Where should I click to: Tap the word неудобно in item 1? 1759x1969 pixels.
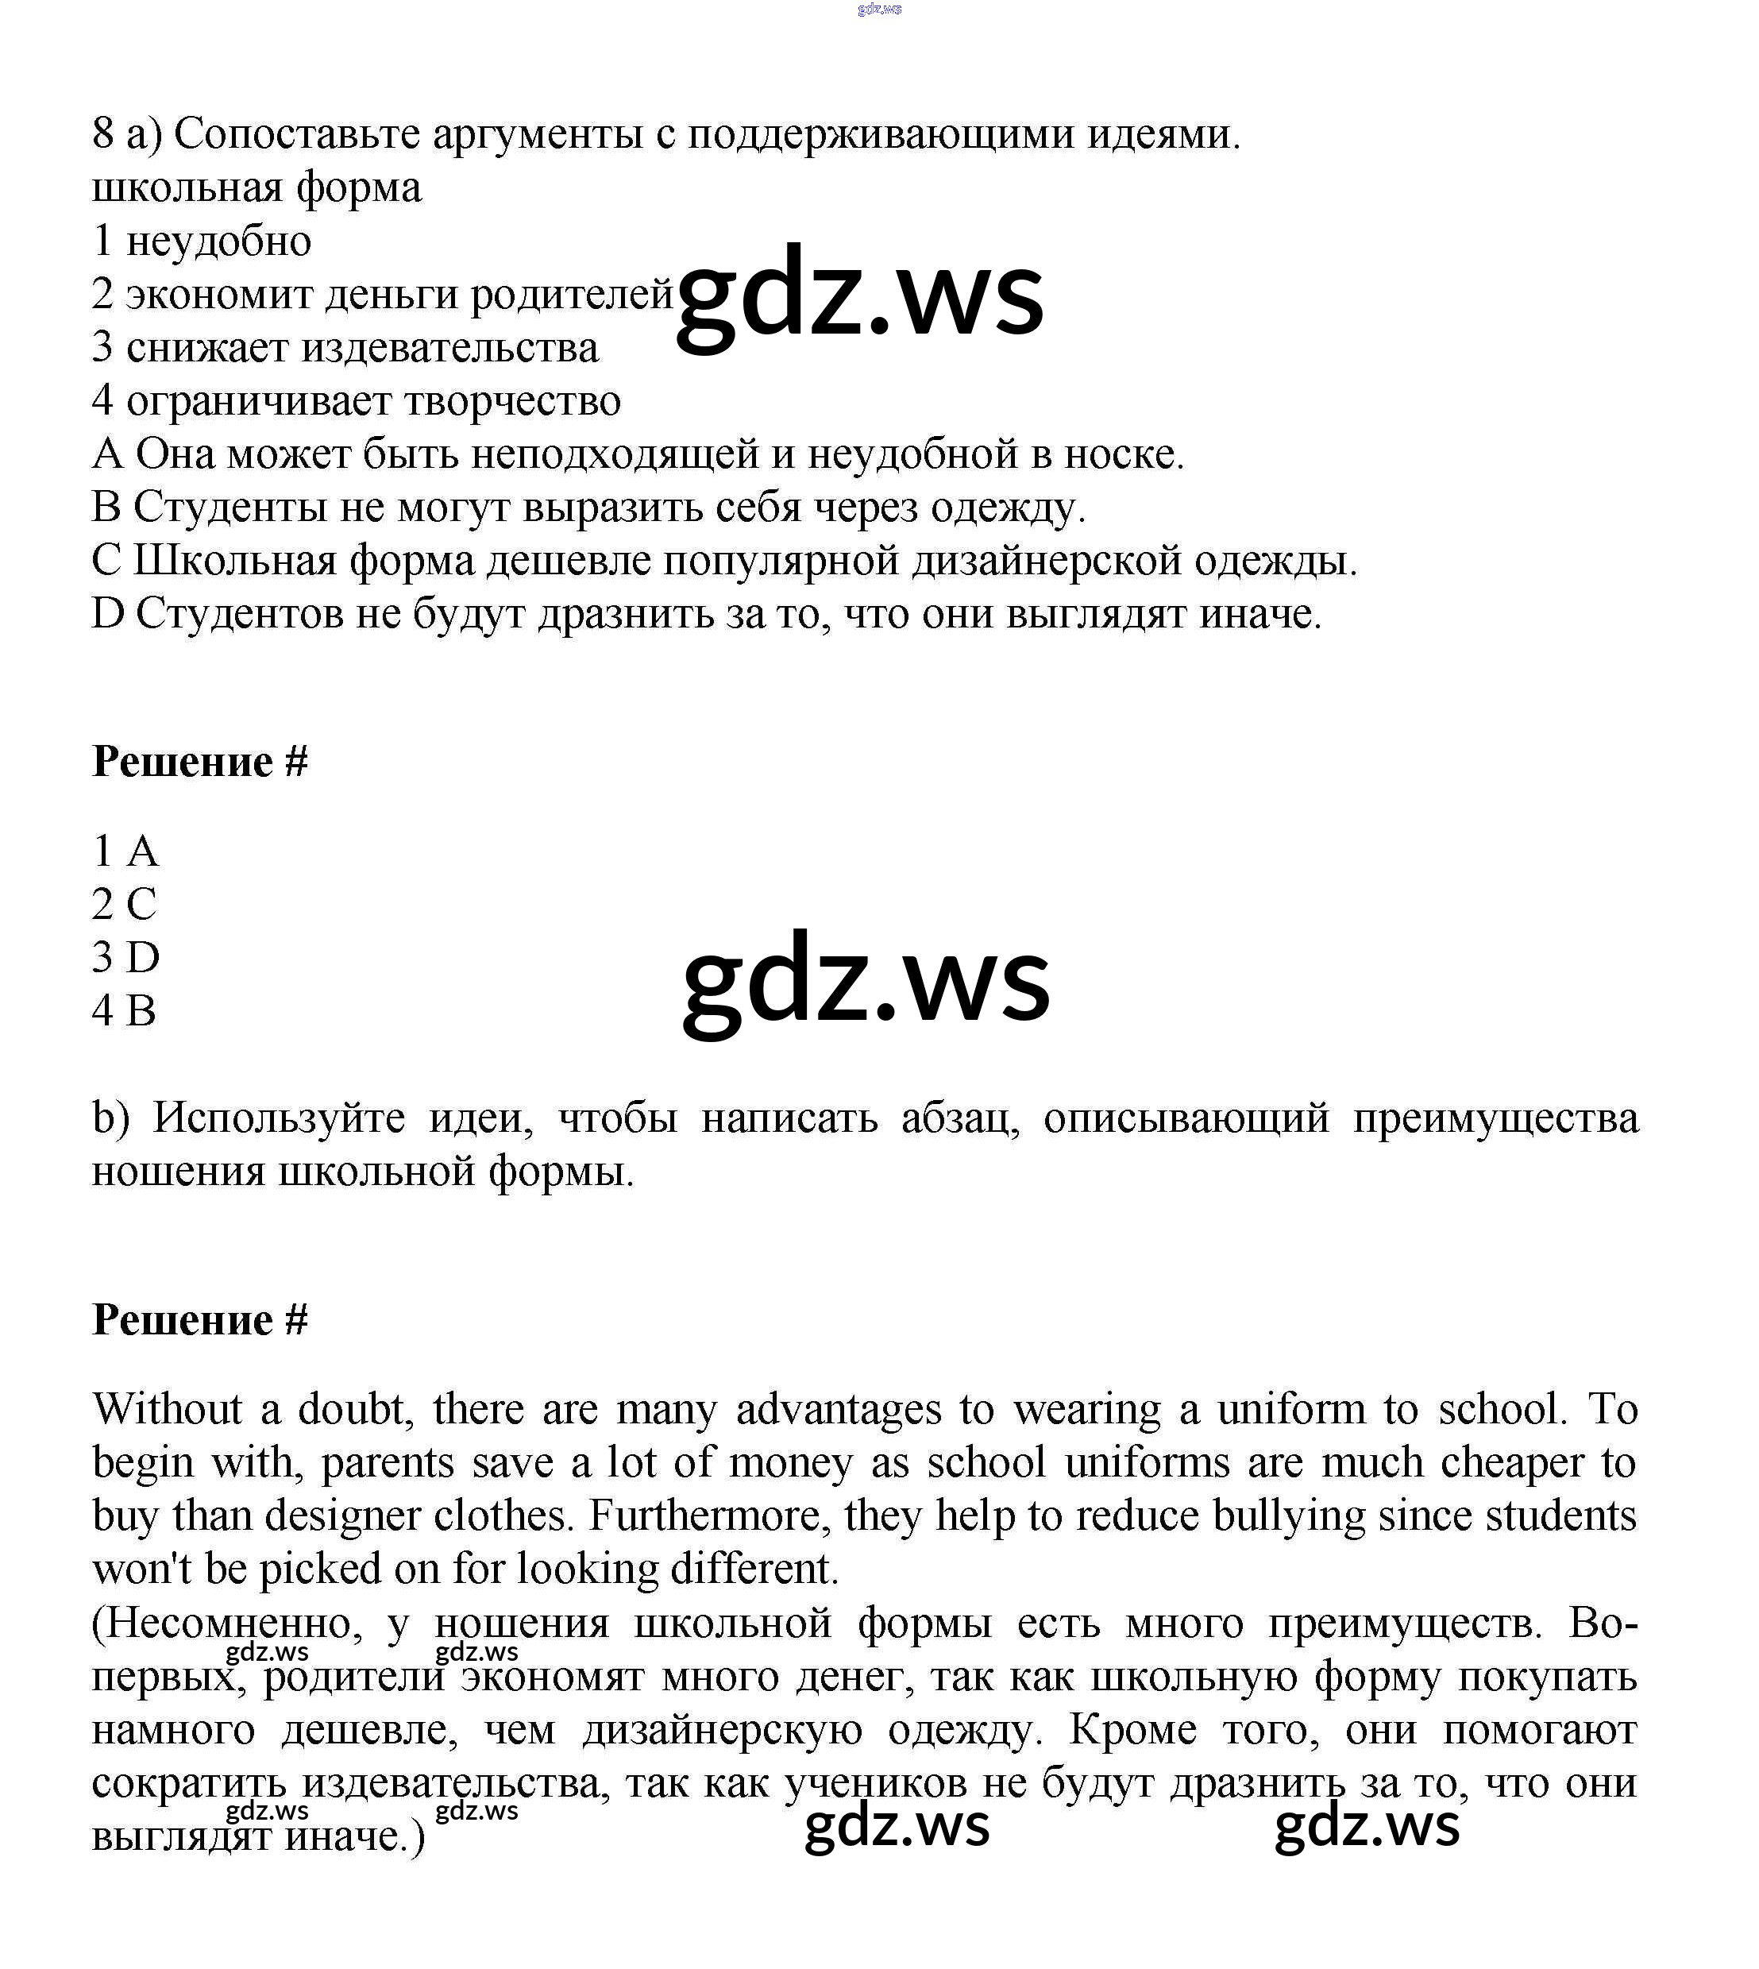click(218, 241)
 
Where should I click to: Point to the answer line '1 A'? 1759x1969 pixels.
click(125, 851)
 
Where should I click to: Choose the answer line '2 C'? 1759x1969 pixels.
click(124, 905)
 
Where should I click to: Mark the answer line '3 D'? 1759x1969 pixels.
click(125, 958)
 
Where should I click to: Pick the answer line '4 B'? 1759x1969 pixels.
click(124, 1011)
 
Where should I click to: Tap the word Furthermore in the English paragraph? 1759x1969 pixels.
click(709, 1515)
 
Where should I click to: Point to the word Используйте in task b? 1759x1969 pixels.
click(279, 1118)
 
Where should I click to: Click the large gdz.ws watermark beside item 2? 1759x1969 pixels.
click(859, 294)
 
